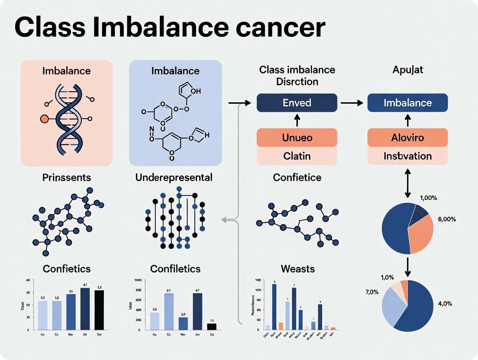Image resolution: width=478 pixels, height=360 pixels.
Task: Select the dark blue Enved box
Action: click(x=297, y=103)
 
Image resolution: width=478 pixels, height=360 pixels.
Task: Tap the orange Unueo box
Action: click(x=297, y=138)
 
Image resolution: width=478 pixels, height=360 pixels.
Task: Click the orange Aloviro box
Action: click(x=407, y=138)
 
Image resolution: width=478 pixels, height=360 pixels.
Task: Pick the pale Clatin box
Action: click(x=297, y=155)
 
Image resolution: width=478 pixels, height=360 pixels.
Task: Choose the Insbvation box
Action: click(x=407, y=155)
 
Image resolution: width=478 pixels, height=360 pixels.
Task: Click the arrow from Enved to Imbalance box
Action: click(x=352, y=103)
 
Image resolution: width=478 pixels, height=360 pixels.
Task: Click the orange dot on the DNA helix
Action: click(x=44, y=118)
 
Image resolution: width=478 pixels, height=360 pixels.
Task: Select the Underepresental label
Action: click(x=174, y=177)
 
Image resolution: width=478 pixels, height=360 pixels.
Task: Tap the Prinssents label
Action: click(x=67, y=177)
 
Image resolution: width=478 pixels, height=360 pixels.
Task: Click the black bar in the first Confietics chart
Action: click(x=99, y=309)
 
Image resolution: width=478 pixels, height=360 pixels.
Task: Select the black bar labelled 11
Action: click(x=212, y=326)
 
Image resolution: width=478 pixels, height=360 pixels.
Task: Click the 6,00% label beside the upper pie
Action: click(x=447, y=219)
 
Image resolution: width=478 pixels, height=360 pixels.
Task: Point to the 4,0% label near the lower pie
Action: click(x=445, y=304)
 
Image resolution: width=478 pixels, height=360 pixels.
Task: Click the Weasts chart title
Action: click(x=297, y=269)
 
